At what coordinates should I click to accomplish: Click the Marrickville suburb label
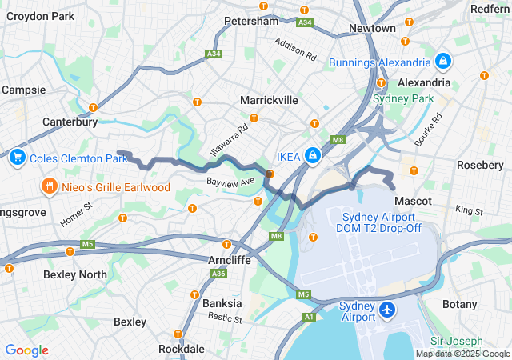(x=269, y=100)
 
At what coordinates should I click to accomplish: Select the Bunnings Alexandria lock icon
(x=442, y=60)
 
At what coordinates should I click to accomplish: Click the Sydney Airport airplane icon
(x=388, y=309)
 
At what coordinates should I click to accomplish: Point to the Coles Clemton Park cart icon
(x=16, y=158)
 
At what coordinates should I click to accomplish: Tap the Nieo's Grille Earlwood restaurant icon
(x=49, y=187)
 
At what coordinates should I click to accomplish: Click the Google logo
(x=26, y=350)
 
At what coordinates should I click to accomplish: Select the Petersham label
(x=250, y=21)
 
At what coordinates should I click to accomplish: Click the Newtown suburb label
(x=372, y=28)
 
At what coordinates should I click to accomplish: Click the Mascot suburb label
(x=413, y=200)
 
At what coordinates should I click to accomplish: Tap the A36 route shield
(x=218, y=274)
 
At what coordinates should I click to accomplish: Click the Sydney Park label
(x=403, y=98)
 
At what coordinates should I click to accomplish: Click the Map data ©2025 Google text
(x=462, y=354)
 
